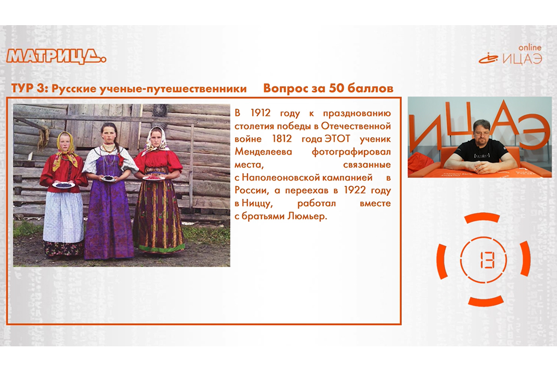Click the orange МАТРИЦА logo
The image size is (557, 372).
point(56,56)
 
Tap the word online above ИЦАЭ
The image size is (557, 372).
point(530,48)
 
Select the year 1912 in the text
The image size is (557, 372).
point(260,113)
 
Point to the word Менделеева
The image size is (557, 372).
point(263,152)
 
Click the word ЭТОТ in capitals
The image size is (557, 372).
point(337,139)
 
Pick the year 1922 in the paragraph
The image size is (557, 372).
point(355,190)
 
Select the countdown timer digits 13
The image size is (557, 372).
point(483,259)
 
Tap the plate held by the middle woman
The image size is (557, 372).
point(108,179)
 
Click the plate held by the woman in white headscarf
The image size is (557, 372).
point(154,177)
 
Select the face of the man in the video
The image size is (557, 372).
point(482,132)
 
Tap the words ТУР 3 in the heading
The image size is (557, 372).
point(27,88)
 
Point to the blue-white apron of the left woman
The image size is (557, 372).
point(63,217)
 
